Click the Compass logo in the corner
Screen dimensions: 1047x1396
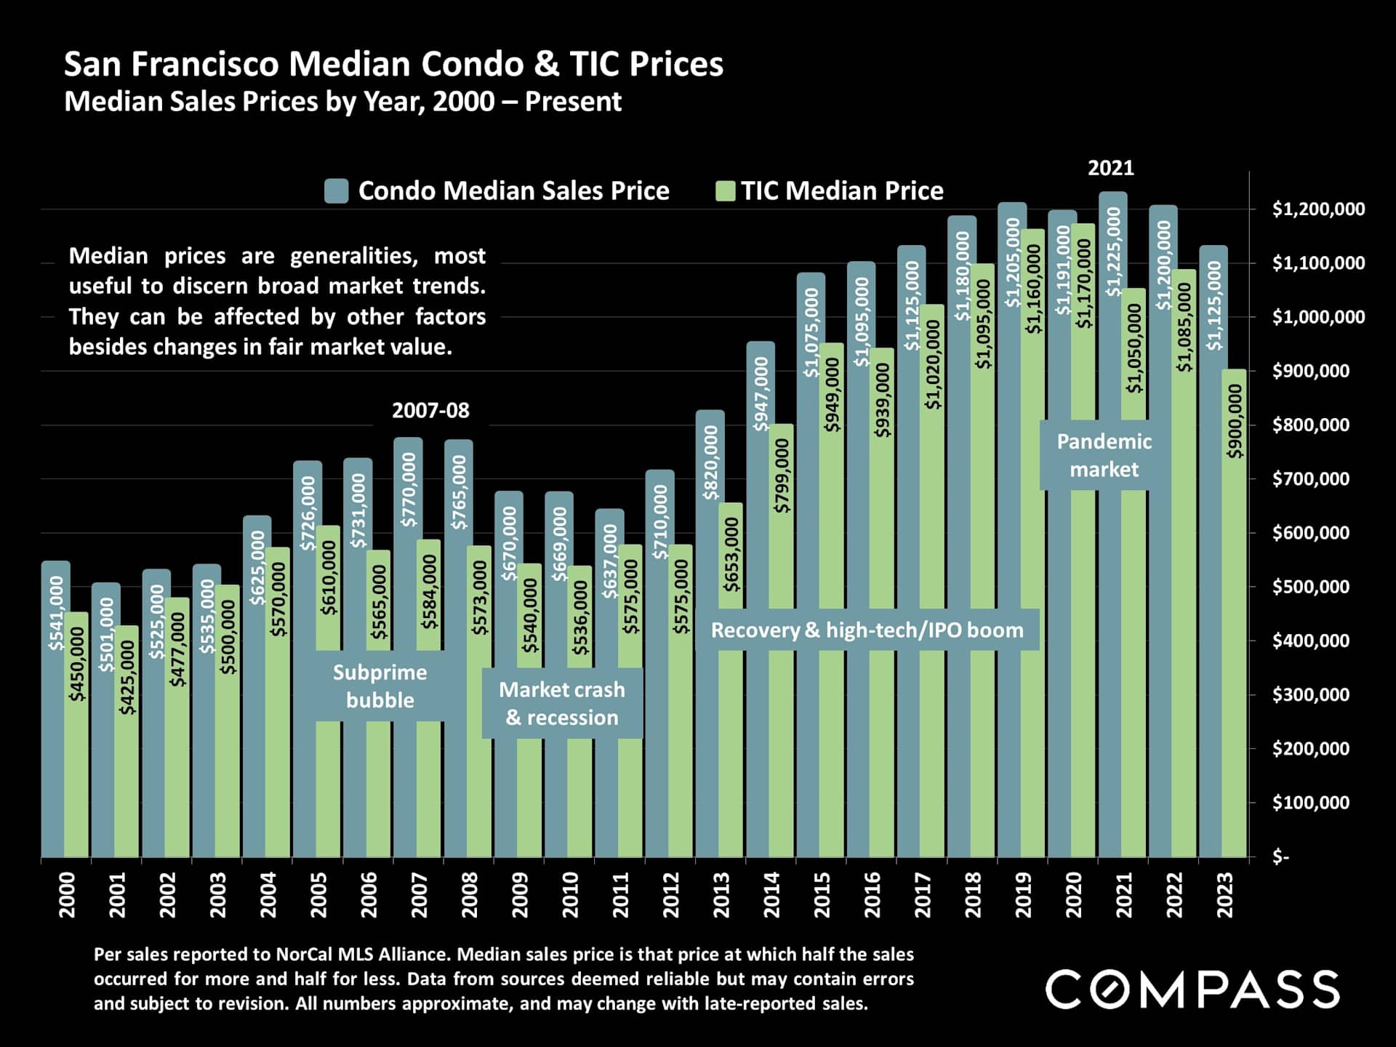pyautogui.click(x=1192, y=989)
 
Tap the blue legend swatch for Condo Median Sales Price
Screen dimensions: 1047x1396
pyautogui.click(x=337, y=191)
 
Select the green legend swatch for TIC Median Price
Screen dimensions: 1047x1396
pyautogui.click(x=725, y=191)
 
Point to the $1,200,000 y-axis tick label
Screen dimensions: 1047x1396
pyautogui.click(x=1318, y=209)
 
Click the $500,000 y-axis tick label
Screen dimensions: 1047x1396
pyautogui.click(x=1311, y=587)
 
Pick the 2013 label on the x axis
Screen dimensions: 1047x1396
pyautogui.click(x=721, y=895)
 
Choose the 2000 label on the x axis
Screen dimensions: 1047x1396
pyautogui.click(x=66, y=895)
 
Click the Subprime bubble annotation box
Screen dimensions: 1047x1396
pyautogui.click(x=380, y=686)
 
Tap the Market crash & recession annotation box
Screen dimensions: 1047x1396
pyautogui.click(x=562, y=703)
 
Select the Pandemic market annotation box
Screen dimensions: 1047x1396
pyautogui.click(x=1104, y=455)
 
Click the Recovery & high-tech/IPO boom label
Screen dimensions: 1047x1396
pyautogui.click(x=867, y=630)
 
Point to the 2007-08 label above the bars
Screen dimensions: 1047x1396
pyautogui.click(x=430, y=411)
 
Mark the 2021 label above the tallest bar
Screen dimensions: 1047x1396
pyautogui.click(x=1110, y=169)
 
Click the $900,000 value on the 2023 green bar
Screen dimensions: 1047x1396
pyautogui.click(x=1235, y=422)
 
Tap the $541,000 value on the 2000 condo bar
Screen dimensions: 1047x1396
pyautogui.click(x=56, y=612)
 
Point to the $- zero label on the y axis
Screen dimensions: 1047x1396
pyautogui.click(x=1280, y=857)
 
